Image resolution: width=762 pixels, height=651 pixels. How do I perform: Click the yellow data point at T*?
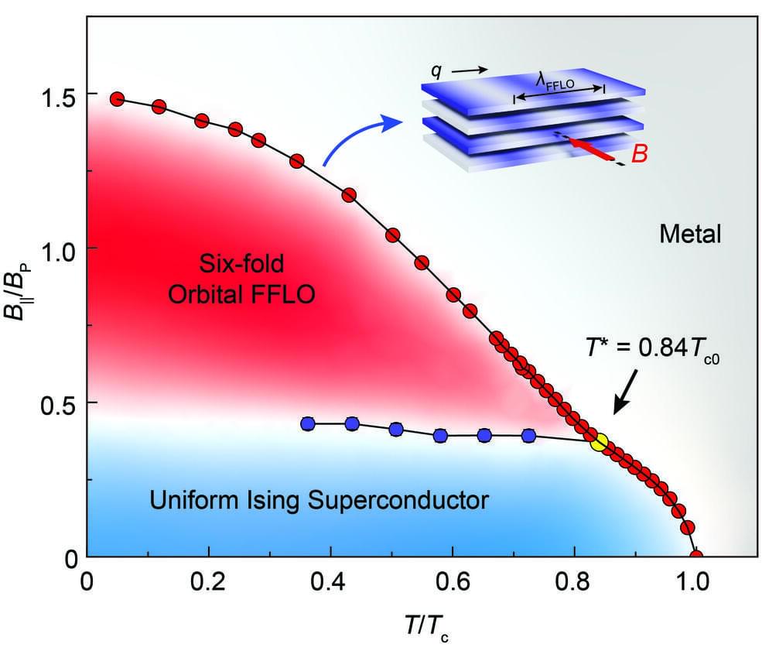pos(599,442)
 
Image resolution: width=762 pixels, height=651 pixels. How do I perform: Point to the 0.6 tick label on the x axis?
pos(452,581)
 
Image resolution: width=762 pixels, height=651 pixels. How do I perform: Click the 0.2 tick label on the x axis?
pos(208,581)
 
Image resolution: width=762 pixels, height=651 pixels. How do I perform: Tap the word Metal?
pos(689,232)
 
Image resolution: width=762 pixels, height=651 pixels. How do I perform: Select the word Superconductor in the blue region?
pos(398,500)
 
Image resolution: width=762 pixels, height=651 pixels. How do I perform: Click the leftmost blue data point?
pos(308,424)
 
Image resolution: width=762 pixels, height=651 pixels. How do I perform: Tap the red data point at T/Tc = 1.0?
pos(696,556)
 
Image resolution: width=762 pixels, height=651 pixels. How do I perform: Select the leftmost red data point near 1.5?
pos(118,99)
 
